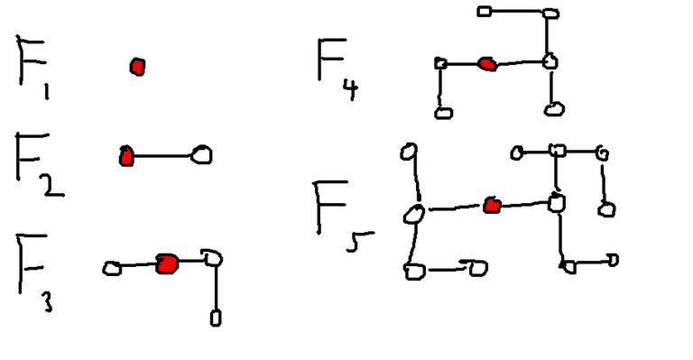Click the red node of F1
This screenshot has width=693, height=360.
[x=137, y=66]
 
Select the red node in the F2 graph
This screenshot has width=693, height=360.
[x=126, y=156]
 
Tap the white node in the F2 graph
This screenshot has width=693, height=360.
[x=203, y=155]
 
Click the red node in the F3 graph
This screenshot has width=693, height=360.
[x=167, y=263]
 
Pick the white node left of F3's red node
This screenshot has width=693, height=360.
[x=112, y=268]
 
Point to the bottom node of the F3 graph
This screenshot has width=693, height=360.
[x=216, y=317]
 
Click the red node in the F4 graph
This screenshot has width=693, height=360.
[x=487, y=63]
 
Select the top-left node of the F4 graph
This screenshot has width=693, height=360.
[x=484, y=12]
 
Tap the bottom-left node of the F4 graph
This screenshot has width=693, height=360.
[x=442, y=112]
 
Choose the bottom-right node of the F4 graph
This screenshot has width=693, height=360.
[x=554, y=109]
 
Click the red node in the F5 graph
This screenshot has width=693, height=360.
[x=492, y=206]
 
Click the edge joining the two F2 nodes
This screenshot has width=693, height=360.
[x=164, y=155]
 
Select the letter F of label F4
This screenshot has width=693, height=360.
[x=330, y=59]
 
